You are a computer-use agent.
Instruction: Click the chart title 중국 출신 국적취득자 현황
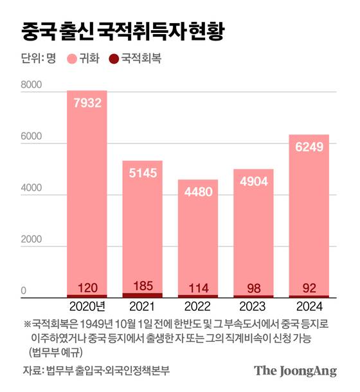pyautogui.click(x=123, y=30)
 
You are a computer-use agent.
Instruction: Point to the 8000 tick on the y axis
pyautogui.click(x=31, y=84)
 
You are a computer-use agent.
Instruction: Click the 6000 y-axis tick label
pyautogui.click(x=31, y=138)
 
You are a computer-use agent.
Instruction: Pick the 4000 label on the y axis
pyautogui.click(x=31, y=191)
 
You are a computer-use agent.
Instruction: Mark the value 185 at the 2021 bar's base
pyautogui.click(x=142, y=286)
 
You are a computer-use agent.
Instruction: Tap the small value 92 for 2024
pyautogui.click(x=309, y=287)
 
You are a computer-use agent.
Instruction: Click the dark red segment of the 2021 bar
pyautogui.click(x=142, y=295)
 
